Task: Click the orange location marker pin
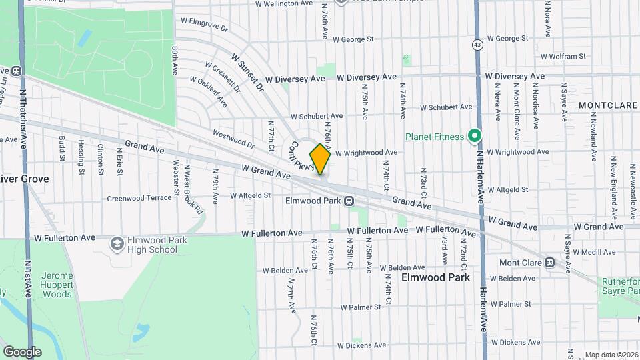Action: point(320,159)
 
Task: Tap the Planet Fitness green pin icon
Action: point(474,137)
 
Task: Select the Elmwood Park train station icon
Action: point(349,201)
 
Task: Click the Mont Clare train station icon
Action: point(549,263)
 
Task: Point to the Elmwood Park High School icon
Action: point(117,245)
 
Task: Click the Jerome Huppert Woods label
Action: point(56,285)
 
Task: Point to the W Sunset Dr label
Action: point(248,74)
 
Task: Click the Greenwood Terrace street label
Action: point(139,198)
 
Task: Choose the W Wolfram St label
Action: point(563,57)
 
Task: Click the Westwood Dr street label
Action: point(233,139)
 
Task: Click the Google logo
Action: point(22,351)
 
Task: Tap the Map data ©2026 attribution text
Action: point(611,355)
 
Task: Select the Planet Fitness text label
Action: point(435,137)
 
